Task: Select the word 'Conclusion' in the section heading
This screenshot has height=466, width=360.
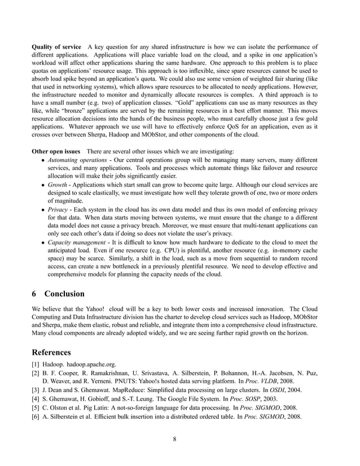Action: pos(64,294)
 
